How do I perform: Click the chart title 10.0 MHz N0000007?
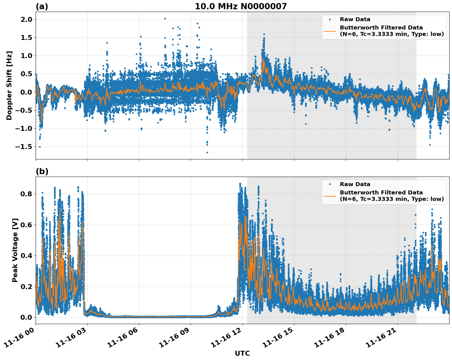click(x=241, y=6)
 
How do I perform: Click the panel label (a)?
click(x=42, y=6)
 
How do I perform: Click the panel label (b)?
click(x=42, y=171)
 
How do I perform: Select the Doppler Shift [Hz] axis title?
click(x=9, y=85)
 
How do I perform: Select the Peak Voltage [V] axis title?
click(x=15, y=250)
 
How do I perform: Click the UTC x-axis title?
click(x=242, y=353)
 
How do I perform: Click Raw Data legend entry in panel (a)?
click(x=355, y=19)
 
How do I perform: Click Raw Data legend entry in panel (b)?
click(x=355, y=184)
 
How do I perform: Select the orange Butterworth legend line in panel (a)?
click(x=330, y=31)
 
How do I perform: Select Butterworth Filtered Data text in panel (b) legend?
click(x=381, y=193)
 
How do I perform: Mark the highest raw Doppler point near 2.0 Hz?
click(x=165, y=18)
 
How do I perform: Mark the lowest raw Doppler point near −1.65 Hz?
click(x=207, y=152)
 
